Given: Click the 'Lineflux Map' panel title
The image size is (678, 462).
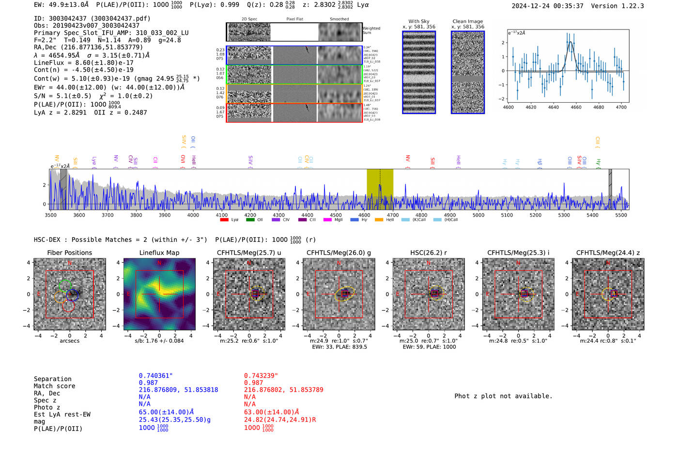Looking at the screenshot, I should tap(159, 253).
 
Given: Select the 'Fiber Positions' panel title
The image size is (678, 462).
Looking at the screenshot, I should tap(69, 253).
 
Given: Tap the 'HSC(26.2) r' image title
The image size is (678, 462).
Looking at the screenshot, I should tap(428, 253).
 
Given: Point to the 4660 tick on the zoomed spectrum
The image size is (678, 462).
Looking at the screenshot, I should tap(576, 107).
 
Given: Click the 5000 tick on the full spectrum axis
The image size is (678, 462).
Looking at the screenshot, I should tap(478, 215).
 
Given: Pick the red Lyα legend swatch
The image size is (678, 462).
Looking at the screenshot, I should tap(224, 220).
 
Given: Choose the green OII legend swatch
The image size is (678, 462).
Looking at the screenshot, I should tap(250, 220).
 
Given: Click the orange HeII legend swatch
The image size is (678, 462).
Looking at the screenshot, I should tap(379, 220).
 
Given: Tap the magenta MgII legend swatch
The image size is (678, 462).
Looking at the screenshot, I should tap(327, 220).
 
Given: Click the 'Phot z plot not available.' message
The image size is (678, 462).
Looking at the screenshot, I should tap(503, 396).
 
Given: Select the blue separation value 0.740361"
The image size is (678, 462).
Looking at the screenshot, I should tap(155, 376).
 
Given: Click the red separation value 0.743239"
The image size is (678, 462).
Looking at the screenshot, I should tap(261, 376).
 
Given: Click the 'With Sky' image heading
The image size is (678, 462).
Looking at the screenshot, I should tap(418, 21).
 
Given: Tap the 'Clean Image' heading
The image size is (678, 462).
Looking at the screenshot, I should tap(467, 21).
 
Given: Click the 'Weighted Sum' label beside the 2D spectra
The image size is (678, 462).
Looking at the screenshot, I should tap(371, 31).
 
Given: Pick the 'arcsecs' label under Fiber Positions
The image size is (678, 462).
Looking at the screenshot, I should tap(69, 341).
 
